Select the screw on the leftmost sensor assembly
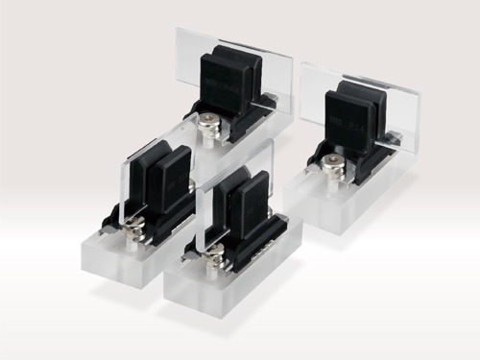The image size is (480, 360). (133, 228)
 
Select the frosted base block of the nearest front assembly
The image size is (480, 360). (230, 288)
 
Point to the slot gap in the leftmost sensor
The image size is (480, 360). (151, 173)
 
